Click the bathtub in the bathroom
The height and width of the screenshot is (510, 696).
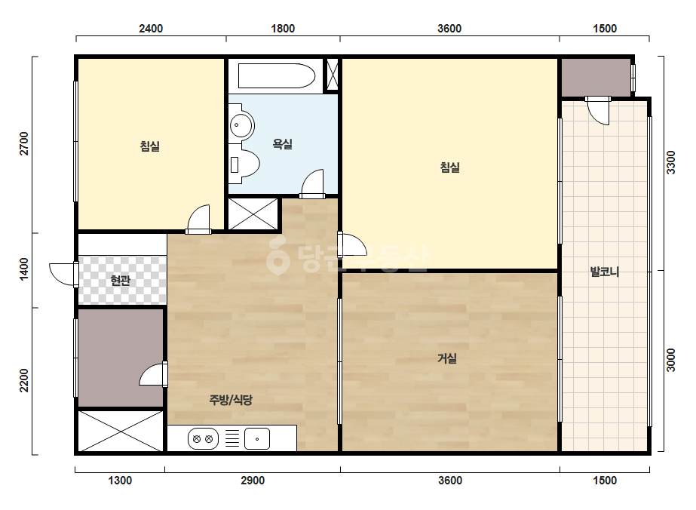click(x=277, y=76)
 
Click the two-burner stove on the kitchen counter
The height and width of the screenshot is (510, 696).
click(x=203, y=439)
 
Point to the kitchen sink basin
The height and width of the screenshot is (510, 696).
click(x=257, y=439)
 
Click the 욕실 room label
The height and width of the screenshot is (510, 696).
click(x=282, y=144)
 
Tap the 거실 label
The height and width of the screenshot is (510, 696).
click(x=447, y=358)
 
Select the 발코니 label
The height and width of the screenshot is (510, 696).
click(x=605, y=272)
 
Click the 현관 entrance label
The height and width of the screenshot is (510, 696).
click(x=121, y=281)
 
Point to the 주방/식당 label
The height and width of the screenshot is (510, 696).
click(x=231, y=400)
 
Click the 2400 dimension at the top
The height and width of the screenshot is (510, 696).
click(x=151, y=29)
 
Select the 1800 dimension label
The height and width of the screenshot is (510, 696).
click(x=283, y=29)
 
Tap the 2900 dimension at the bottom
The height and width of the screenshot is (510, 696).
click(x=253, y=481)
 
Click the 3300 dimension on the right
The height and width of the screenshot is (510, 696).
click(x=670, y=163)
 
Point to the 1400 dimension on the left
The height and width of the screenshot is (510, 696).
click(x=24, y=269)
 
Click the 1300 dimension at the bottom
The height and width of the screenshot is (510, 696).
click(x=120, y=481)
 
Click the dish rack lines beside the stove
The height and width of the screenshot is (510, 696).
click(x=232, y=439)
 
